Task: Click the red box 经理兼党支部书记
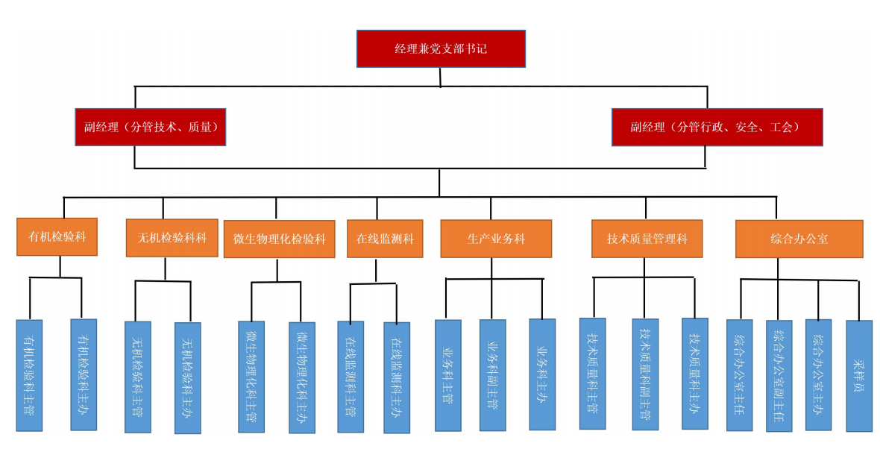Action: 441,48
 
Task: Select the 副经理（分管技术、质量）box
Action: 150,127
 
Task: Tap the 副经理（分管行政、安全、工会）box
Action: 717,127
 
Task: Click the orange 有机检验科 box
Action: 57,237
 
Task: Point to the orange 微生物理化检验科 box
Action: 279,239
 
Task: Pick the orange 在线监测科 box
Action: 385,239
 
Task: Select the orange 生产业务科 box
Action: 496,239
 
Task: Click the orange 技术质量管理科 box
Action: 647,239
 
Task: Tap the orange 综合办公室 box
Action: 799,239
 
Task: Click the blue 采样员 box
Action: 858,375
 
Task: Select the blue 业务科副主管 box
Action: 493,374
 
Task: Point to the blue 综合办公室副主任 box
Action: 779,375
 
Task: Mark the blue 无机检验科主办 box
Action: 187,377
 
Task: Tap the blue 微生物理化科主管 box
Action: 251,376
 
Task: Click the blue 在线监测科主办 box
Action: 397,377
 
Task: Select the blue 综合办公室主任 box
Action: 739,374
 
